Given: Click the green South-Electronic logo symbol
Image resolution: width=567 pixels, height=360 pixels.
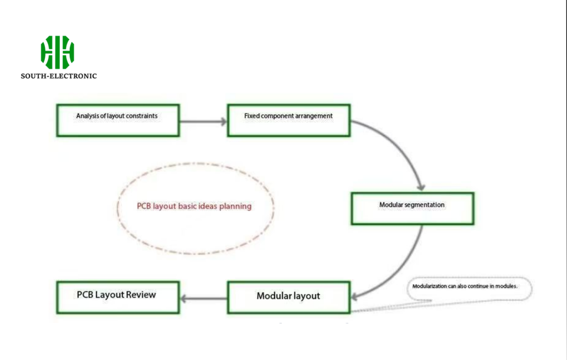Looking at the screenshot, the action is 58,52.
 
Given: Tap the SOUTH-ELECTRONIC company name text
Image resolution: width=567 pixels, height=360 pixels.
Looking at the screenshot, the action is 59,76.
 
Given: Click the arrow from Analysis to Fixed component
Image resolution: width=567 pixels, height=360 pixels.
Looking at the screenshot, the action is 203,121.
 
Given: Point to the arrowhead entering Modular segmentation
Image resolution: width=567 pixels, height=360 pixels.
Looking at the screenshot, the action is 421,187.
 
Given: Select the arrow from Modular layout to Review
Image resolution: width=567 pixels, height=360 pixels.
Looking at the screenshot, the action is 204,299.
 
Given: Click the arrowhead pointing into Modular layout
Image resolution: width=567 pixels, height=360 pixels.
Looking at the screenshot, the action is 354,297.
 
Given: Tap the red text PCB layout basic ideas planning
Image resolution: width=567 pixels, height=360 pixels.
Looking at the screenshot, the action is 194,206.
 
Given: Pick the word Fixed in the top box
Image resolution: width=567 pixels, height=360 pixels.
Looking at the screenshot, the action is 252,116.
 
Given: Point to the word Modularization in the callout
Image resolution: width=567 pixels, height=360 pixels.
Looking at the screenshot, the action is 430,286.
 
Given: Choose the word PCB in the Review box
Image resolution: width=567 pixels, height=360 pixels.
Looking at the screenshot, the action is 85,295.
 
